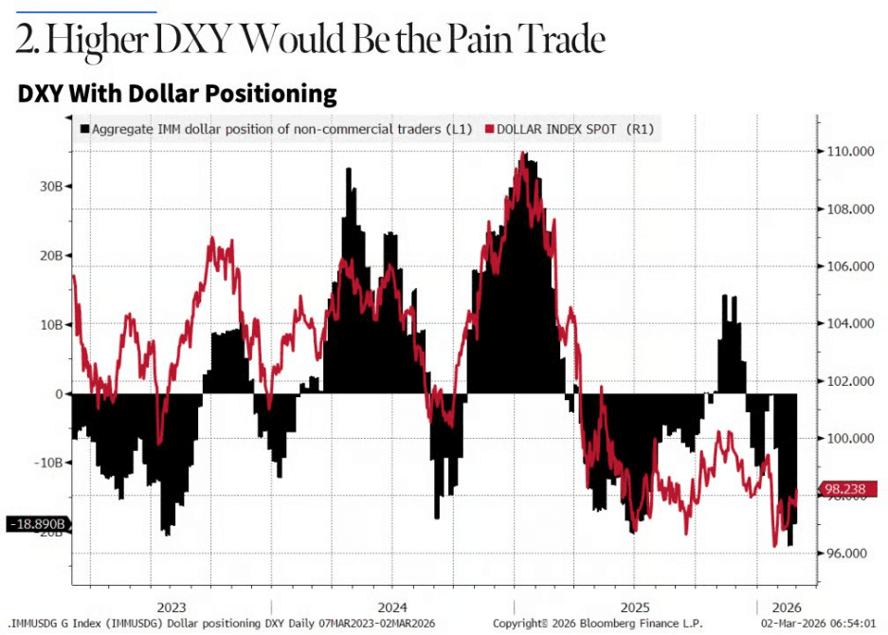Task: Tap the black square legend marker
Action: coord(85,129)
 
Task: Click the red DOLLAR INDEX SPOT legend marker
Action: coord(490,129)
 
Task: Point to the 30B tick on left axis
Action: coord(50,186)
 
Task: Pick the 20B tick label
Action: coord(50,256)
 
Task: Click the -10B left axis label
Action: coord(47,463)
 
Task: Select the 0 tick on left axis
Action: coord(58,393)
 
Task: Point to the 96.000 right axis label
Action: coord(846,553)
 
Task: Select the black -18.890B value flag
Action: coord(38,523)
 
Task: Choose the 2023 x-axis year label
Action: coord(172,608)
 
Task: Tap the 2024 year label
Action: coord(391,608)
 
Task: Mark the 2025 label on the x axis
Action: coord(634,608)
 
